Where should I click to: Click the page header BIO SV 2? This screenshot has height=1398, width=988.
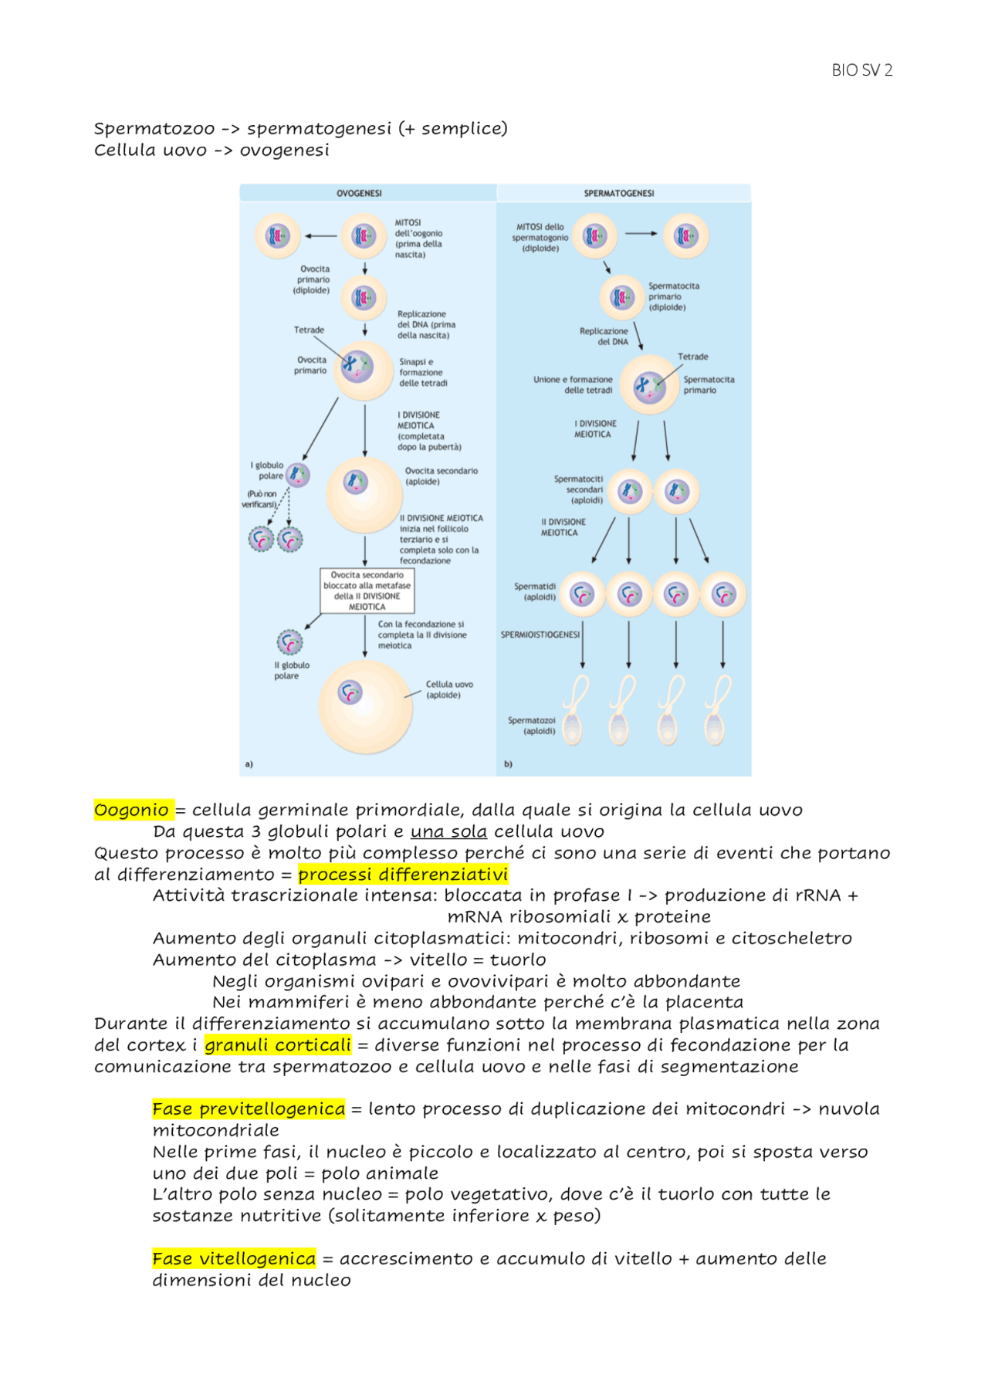(x=861, y=70)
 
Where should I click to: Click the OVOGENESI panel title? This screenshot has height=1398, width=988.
(x=359, y=193)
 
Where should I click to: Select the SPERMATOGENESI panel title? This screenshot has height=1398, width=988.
(x=619, y=193)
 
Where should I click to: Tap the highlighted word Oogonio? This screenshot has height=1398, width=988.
(x=132, y=810)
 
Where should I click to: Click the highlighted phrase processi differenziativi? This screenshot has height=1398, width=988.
(x=403, y=875)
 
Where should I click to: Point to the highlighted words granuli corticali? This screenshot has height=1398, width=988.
(x=278, y=1045)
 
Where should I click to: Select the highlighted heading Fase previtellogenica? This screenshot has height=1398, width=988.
(x=249, y=1109)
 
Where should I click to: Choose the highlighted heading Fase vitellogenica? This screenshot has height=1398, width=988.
(x=234, y=1259)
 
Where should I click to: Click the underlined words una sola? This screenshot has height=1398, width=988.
(x=448, y=831)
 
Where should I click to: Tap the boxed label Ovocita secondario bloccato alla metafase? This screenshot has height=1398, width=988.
(x=367, y=591)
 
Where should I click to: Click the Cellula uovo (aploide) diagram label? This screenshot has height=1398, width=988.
(x=449, y=689)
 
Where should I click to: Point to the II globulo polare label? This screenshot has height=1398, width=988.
(x=292, y=670)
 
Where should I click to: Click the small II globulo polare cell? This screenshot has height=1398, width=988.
(x=290, y=641)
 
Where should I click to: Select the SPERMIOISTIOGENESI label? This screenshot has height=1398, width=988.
(x=540, y=635)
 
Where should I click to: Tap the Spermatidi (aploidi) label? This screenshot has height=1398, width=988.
(x=535, y=591)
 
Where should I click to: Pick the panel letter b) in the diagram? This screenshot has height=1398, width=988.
(x=508, y=763)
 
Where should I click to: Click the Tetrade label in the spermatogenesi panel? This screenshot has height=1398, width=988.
(x=692, y=357)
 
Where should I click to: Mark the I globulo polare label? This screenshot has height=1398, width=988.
(x=267, y=470)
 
